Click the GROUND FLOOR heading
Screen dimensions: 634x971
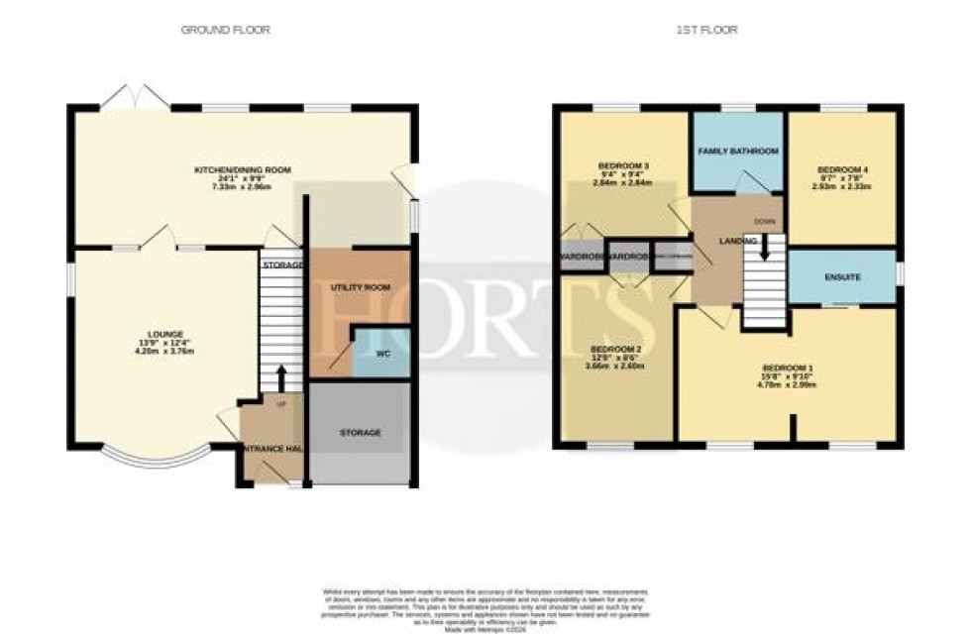225,30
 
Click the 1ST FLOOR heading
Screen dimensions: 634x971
708,30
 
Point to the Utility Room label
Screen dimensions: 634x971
360,287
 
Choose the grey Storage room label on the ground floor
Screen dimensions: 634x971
360,433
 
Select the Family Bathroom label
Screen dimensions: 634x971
738,151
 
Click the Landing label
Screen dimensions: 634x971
739,241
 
